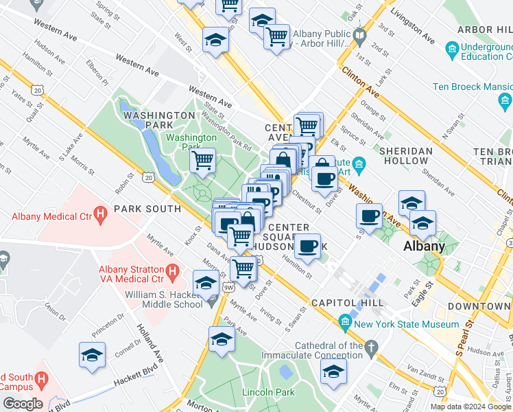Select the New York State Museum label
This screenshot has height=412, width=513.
[407, 324]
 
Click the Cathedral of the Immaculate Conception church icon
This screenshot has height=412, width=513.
[371, 347]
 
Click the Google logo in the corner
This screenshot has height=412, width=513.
[22, 404]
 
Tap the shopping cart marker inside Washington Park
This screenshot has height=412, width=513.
[202, 161]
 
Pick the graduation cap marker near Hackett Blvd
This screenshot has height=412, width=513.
[92, 355]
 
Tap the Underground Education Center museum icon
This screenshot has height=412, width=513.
[451, 50]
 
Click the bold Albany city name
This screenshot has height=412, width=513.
[423, 246]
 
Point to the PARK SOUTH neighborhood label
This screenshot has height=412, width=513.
[147, 208]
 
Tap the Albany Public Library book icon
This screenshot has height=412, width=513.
[359, 34]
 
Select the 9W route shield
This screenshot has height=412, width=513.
[228, 286]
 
